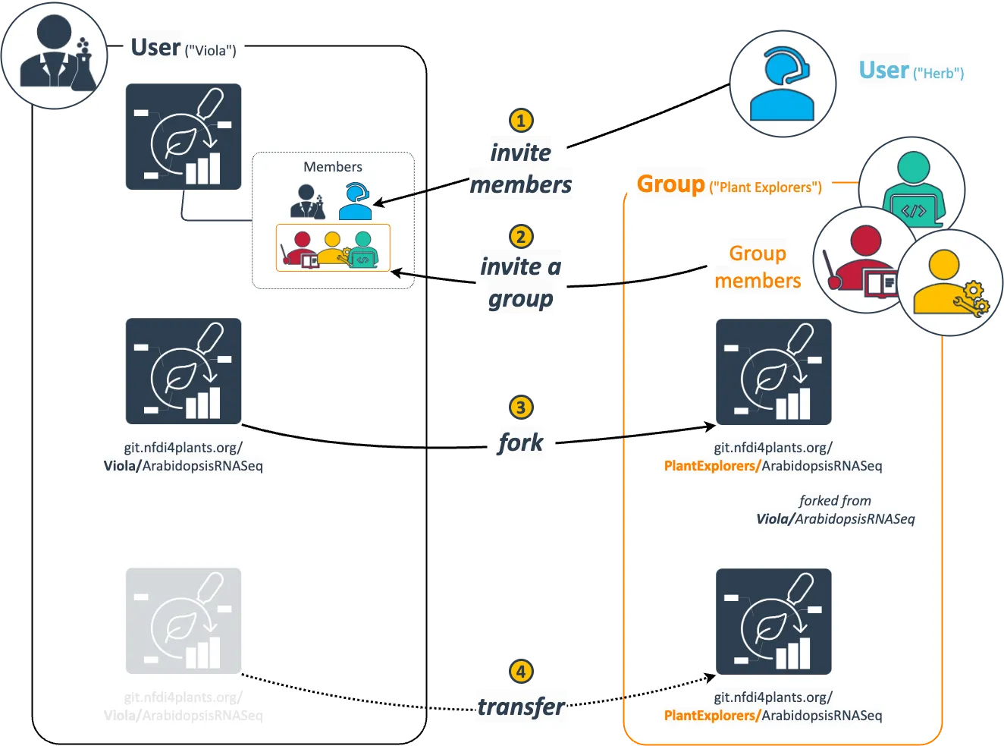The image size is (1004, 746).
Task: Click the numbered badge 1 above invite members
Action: [520, 121]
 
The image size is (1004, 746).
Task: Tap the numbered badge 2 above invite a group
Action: [520, 236]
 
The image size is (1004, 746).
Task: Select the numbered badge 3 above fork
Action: [520, 408]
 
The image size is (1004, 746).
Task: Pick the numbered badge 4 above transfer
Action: [520, 672]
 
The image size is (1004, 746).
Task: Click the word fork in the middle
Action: [521, 442]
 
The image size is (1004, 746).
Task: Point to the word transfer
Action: [522, 707]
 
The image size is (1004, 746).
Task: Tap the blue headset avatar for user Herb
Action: [783, 84]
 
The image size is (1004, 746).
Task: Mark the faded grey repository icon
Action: [184, 621]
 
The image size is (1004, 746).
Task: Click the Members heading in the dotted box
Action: [333, 167]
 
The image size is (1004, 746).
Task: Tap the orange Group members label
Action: [758, 267]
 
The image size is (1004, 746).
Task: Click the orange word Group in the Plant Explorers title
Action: [671, 184]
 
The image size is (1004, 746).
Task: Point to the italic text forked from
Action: [835, 501]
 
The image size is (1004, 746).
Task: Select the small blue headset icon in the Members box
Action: [354, 201]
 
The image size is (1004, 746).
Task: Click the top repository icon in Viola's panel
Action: [184, 137]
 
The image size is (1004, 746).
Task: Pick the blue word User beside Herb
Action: [883, 71]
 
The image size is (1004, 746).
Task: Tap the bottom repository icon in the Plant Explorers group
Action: [773, 622]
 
